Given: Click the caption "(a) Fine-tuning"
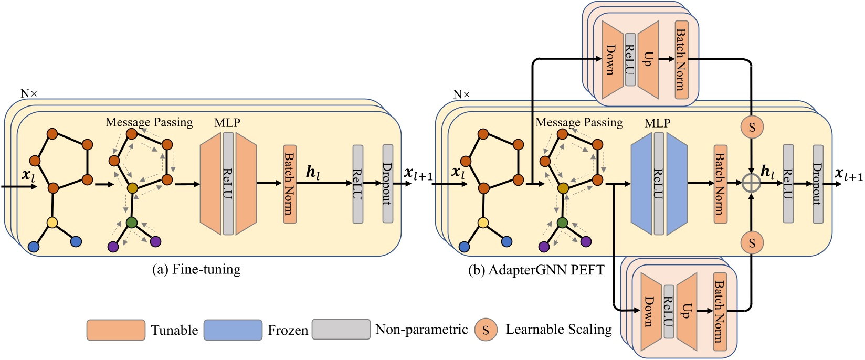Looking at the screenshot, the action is point(196,269).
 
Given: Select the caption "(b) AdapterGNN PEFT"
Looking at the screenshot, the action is point(536,270).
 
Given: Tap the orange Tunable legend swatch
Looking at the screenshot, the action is point(116,330).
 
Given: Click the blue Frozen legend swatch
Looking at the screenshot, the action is point(233,330).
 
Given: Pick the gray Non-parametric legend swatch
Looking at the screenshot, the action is point(341,329).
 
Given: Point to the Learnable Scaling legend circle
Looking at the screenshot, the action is point(486,330).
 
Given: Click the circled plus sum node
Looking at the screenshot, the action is point(752,183).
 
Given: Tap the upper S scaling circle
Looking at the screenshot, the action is point(752,127).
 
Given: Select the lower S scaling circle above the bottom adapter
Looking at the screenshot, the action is point(752,243).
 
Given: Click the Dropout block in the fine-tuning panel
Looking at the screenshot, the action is point(388,184).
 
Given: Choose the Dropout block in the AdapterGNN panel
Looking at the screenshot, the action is point(818,184).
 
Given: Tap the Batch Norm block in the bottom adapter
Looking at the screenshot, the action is point(720,311).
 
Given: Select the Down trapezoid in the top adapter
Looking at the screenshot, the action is point(613,60).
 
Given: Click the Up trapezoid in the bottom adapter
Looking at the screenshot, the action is point(687,311).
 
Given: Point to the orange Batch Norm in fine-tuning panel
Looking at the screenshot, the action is point(290,184).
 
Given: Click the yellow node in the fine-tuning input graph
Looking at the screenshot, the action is point(52,223).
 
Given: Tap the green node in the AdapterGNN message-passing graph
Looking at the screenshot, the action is point(562,223).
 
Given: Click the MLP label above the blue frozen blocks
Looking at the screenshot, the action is point(657,123).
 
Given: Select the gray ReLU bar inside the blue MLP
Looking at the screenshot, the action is point(659,184).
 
